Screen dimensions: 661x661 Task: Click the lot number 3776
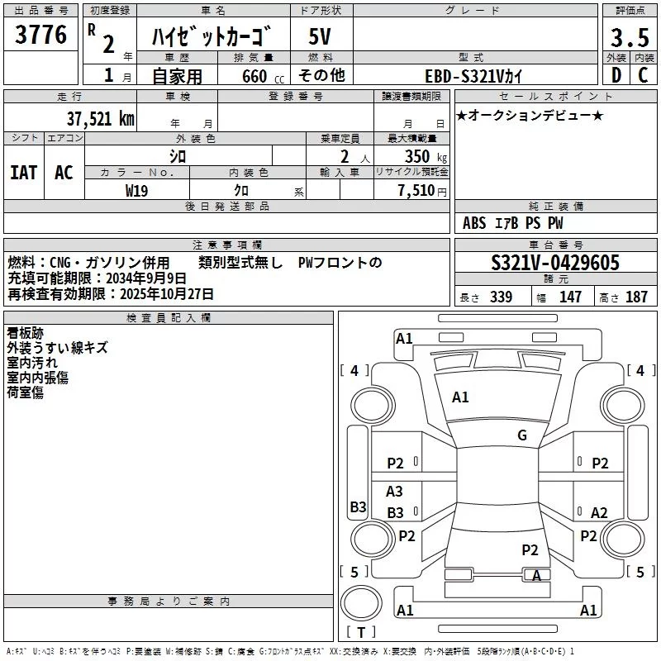point(41,35)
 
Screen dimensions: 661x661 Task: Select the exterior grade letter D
point(616,75)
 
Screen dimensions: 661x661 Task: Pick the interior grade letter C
point(642,75)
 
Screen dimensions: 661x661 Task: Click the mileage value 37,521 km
point(100,118)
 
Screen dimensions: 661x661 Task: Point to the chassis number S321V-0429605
point(555,263)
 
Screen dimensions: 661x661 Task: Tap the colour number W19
point(136,190)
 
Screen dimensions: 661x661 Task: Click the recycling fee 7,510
point(416,191)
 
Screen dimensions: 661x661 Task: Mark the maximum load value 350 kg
point(422,157)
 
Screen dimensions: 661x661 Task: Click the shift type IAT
point(23,173)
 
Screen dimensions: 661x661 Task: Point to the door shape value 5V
point(320,37)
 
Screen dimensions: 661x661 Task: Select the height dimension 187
point(636,297)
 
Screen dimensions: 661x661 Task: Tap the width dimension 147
point(570,297)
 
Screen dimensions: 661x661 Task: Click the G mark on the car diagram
point(521,435)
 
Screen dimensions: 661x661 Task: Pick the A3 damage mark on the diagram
point(394,492)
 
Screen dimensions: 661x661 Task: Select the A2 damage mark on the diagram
point(599,513)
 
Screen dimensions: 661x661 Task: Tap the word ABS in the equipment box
point(474,223)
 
